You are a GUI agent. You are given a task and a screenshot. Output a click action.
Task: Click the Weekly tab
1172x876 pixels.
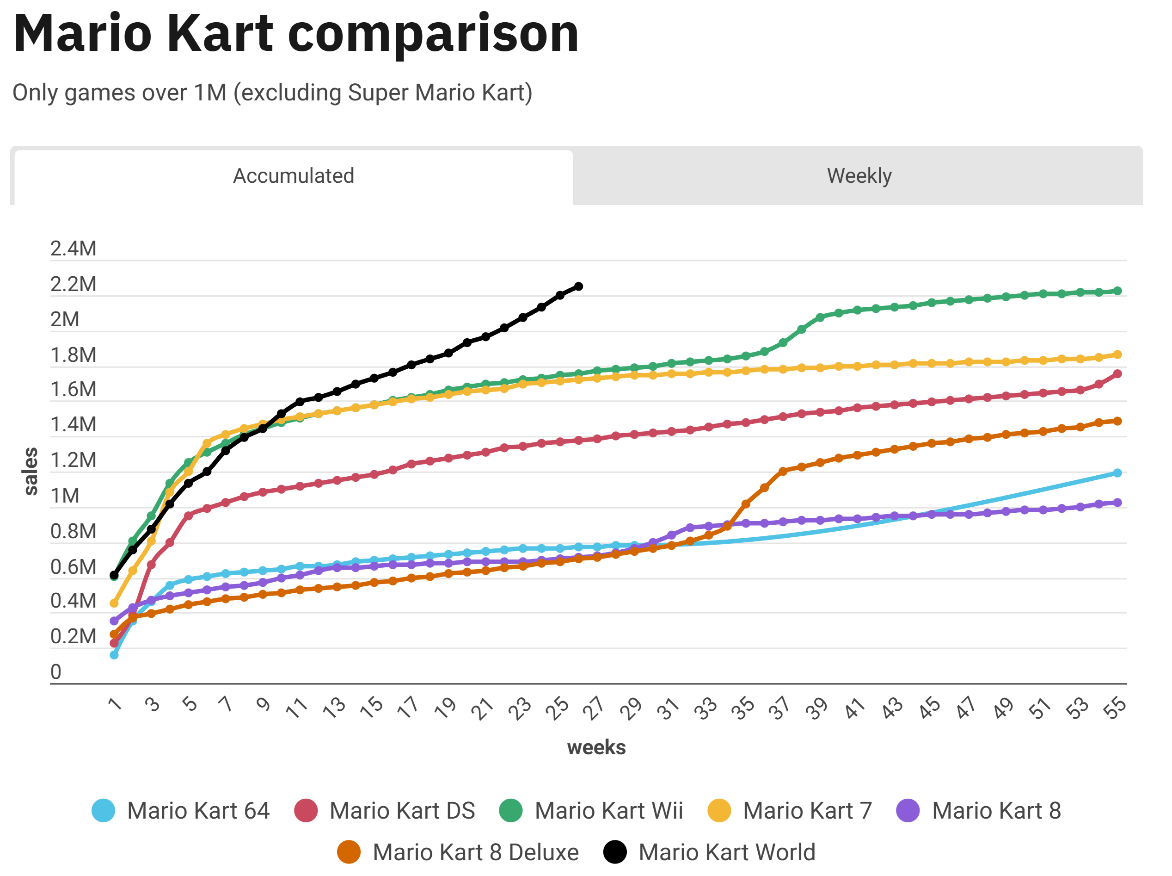[859, 176]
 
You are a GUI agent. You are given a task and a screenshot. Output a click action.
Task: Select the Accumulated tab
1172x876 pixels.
[294, 176]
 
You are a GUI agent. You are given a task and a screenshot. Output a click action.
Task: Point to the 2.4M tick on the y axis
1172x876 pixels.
[73, 249]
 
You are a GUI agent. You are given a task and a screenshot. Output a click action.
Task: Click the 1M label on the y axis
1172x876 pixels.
[65, 496]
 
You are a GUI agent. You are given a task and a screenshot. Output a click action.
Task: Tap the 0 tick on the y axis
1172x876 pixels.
[55, 672]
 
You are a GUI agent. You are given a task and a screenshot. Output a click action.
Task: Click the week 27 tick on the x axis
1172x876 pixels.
[594, 708]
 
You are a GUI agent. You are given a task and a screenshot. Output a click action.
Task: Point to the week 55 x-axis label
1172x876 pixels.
[1114, 708]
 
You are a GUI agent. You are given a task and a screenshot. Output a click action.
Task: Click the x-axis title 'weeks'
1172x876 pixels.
[596, 748]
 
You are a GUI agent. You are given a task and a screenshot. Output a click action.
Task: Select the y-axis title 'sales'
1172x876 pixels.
[31, 471]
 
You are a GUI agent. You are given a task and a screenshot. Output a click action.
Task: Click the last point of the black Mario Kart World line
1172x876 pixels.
[578, 286]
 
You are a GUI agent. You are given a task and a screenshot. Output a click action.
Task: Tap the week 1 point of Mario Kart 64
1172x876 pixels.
[114, 655]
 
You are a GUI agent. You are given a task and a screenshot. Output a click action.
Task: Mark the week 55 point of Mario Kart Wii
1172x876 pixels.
[1117, 291]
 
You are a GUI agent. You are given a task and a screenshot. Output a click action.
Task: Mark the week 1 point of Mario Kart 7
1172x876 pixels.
[114, 603]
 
